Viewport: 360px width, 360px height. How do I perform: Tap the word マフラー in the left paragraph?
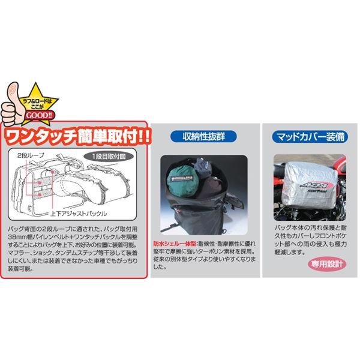click(22, 253)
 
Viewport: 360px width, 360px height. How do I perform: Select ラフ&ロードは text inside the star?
click(43, 103)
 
